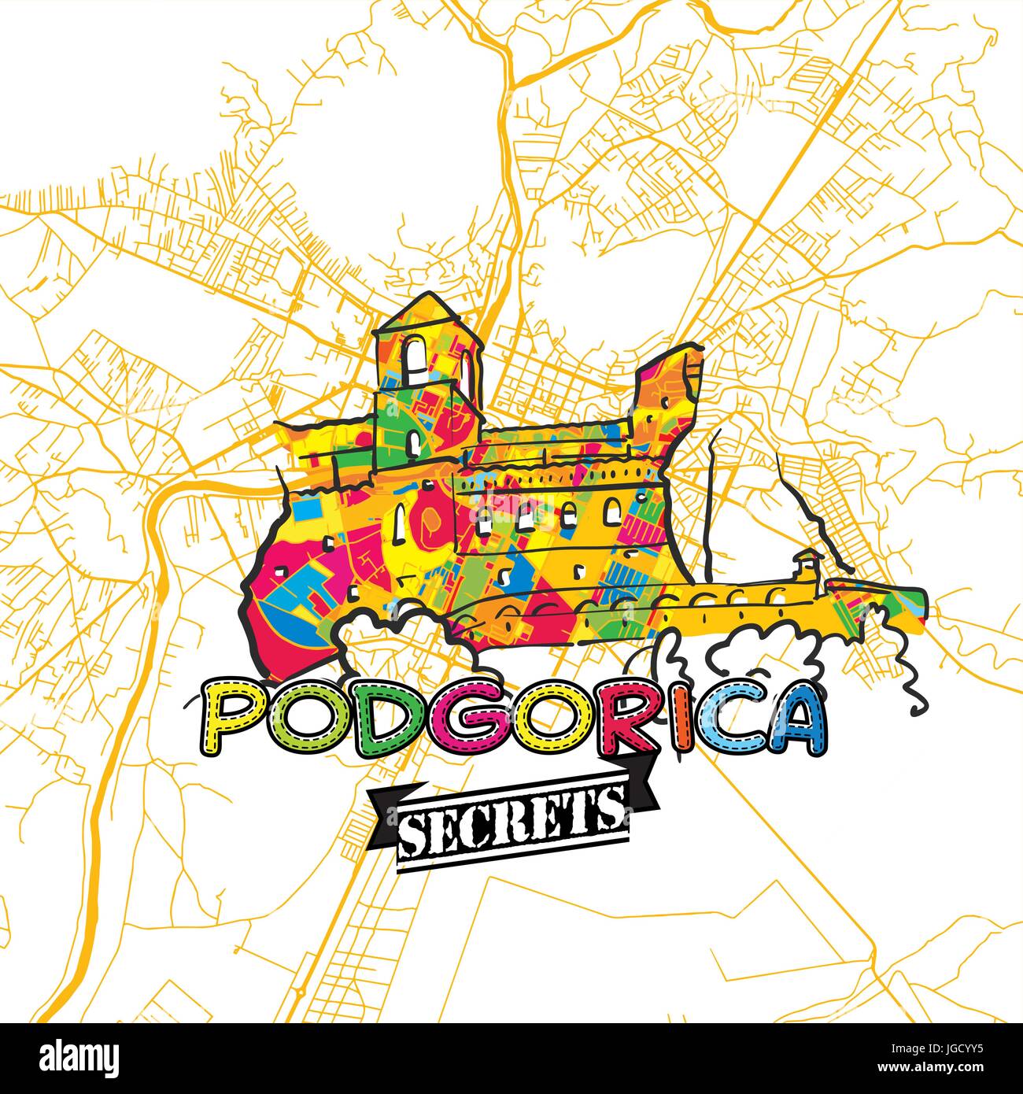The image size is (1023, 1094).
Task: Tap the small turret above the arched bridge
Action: coord(805,564)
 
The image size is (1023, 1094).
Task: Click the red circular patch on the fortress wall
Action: coord(431,519)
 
